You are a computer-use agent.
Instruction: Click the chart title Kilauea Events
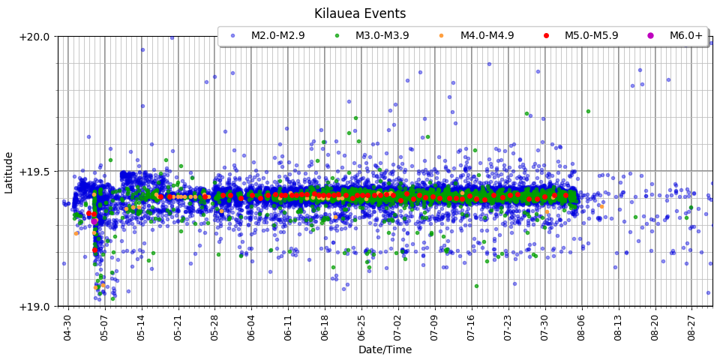pos(360,13)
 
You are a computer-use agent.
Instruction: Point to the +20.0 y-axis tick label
pos(34,36)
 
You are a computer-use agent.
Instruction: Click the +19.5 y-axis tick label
pos(34,171)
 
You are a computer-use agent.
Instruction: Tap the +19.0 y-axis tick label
pos(34,306)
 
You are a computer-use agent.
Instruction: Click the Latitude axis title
pos(9,171)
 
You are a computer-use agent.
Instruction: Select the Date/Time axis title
pos(385,349)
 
